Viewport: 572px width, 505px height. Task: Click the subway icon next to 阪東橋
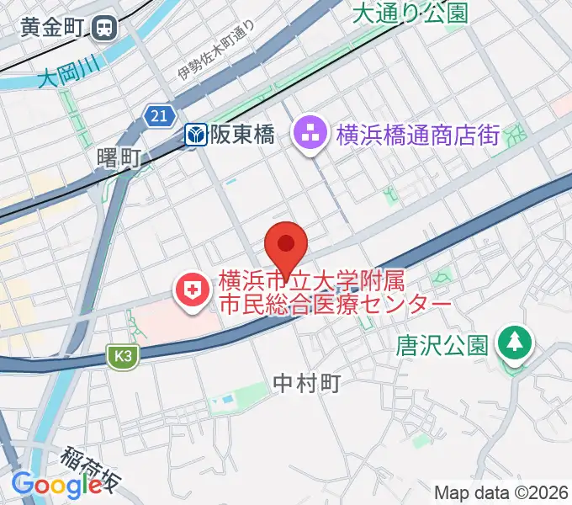point(197,135)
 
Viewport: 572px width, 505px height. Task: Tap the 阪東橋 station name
point(242,135)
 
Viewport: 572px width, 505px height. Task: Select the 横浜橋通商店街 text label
point(418,135)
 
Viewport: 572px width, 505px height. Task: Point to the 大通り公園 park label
point(410,13)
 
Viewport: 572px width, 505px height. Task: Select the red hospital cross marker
point(193,291)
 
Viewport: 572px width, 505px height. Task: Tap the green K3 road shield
point(122,356)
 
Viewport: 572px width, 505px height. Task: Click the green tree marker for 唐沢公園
point(512,342)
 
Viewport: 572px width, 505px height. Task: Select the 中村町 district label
point(307,384)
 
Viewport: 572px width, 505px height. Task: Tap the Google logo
point(56,485)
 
